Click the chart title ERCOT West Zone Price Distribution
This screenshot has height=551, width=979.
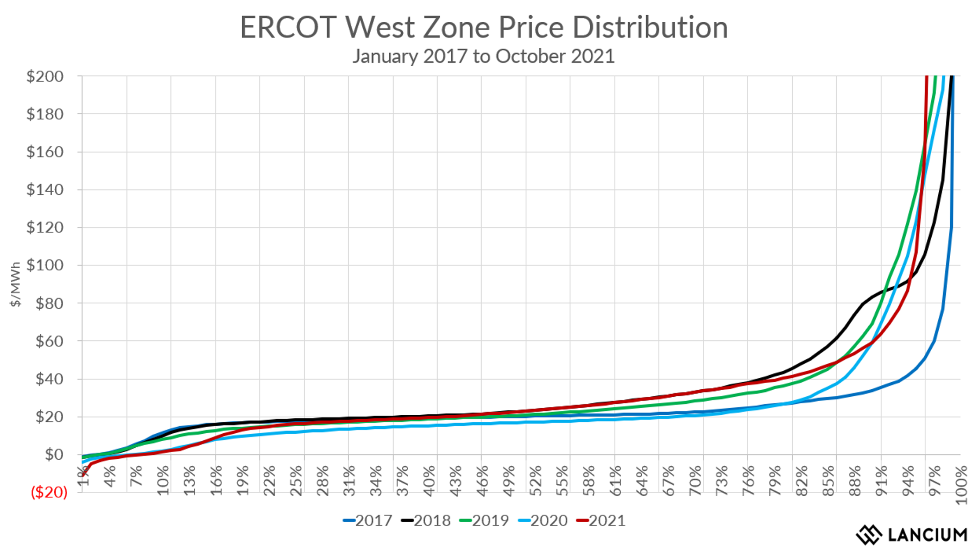point(484,28)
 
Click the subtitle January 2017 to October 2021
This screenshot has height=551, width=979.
point(484,56)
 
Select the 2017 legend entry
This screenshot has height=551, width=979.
point(368,521)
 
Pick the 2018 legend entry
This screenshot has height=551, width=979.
point(426,521)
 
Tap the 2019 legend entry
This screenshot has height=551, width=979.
point(484,521)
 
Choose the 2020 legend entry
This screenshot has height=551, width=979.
point(543,521)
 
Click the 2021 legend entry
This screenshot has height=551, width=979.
point(601,521)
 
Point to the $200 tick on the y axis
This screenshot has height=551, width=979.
point(45,76)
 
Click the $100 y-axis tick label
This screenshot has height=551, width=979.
point(45,265)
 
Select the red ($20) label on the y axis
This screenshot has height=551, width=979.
point(49,492)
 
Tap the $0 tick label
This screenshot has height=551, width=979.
point(54,454)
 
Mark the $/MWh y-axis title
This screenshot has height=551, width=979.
point(15,284)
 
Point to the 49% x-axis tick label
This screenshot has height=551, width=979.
point(509,481)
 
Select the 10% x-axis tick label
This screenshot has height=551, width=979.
point(163,481)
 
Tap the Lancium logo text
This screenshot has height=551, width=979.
point(927,535)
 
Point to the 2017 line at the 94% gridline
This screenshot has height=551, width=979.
point(907,376)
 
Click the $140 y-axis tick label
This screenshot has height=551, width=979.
point(45,190)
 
